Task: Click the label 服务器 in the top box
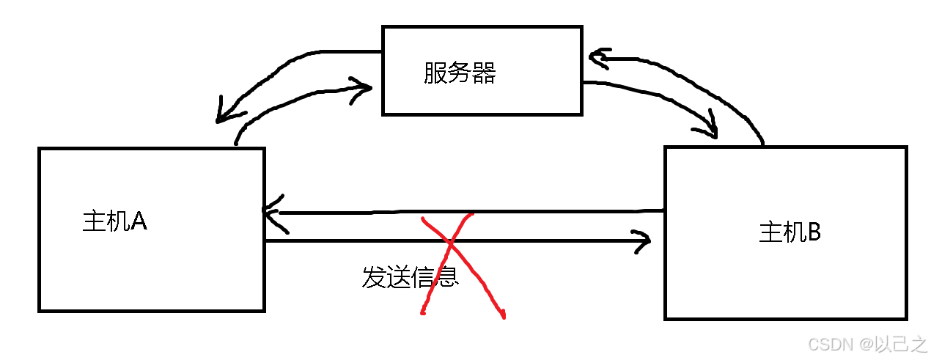click(x=460, y=73)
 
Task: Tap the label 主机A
click(x=115, y=221)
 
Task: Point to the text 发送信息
click(x=410, y=276)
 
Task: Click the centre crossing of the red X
click(x=449, y=241)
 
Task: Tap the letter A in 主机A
click(x=139, y=221)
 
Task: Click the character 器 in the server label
click(x=484, y=73)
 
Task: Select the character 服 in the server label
click(x=435, y=73)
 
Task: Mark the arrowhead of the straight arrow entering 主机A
click(x=269, y=212)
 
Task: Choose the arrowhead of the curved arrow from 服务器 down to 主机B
click(x=711, y=130)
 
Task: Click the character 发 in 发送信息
click(x=374, y=276)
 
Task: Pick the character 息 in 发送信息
click(x=446, y=276)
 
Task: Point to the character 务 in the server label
click(x=460, y=73)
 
